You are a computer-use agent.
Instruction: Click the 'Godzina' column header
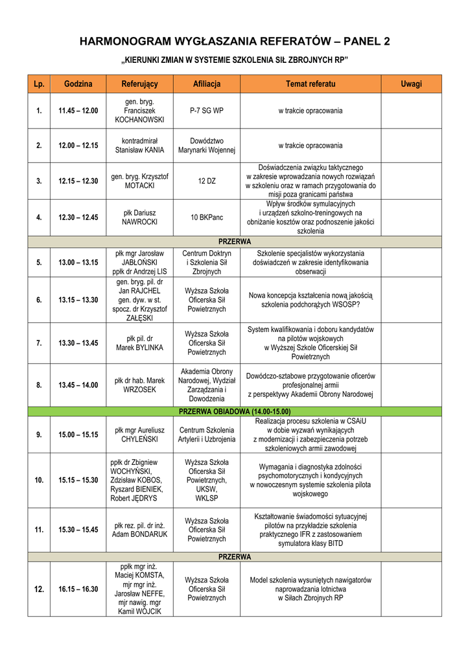point(78,84)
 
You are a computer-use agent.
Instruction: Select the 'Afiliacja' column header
point(207,84)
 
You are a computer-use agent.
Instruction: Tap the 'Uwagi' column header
point(411,84)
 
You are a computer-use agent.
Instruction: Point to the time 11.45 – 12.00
point(78,111)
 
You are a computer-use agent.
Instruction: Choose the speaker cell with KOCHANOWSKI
point(139,111)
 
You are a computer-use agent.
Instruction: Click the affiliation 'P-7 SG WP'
point(207,111)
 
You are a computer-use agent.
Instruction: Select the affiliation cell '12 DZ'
point(207,181)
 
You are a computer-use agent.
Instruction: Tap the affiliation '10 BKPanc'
point(207,217)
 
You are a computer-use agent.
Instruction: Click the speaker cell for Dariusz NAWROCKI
point(139,217)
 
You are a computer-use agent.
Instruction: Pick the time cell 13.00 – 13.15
point(78,262)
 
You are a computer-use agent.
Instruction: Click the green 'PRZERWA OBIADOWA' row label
point(235,411)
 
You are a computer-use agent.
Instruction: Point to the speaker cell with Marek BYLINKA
point(139,343)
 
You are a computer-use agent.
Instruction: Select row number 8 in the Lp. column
point(39,385)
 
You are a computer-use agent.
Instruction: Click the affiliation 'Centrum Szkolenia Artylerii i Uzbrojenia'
point(207,434)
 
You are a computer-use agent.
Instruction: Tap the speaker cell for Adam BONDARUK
point(139,529)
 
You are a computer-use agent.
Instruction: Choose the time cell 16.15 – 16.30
point(78,589)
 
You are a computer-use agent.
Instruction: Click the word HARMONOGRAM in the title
point(123,42)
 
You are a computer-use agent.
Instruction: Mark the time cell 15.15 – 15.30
point(78,480)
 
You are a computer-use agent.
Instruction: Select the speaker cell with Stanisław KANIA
point(139,145)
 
